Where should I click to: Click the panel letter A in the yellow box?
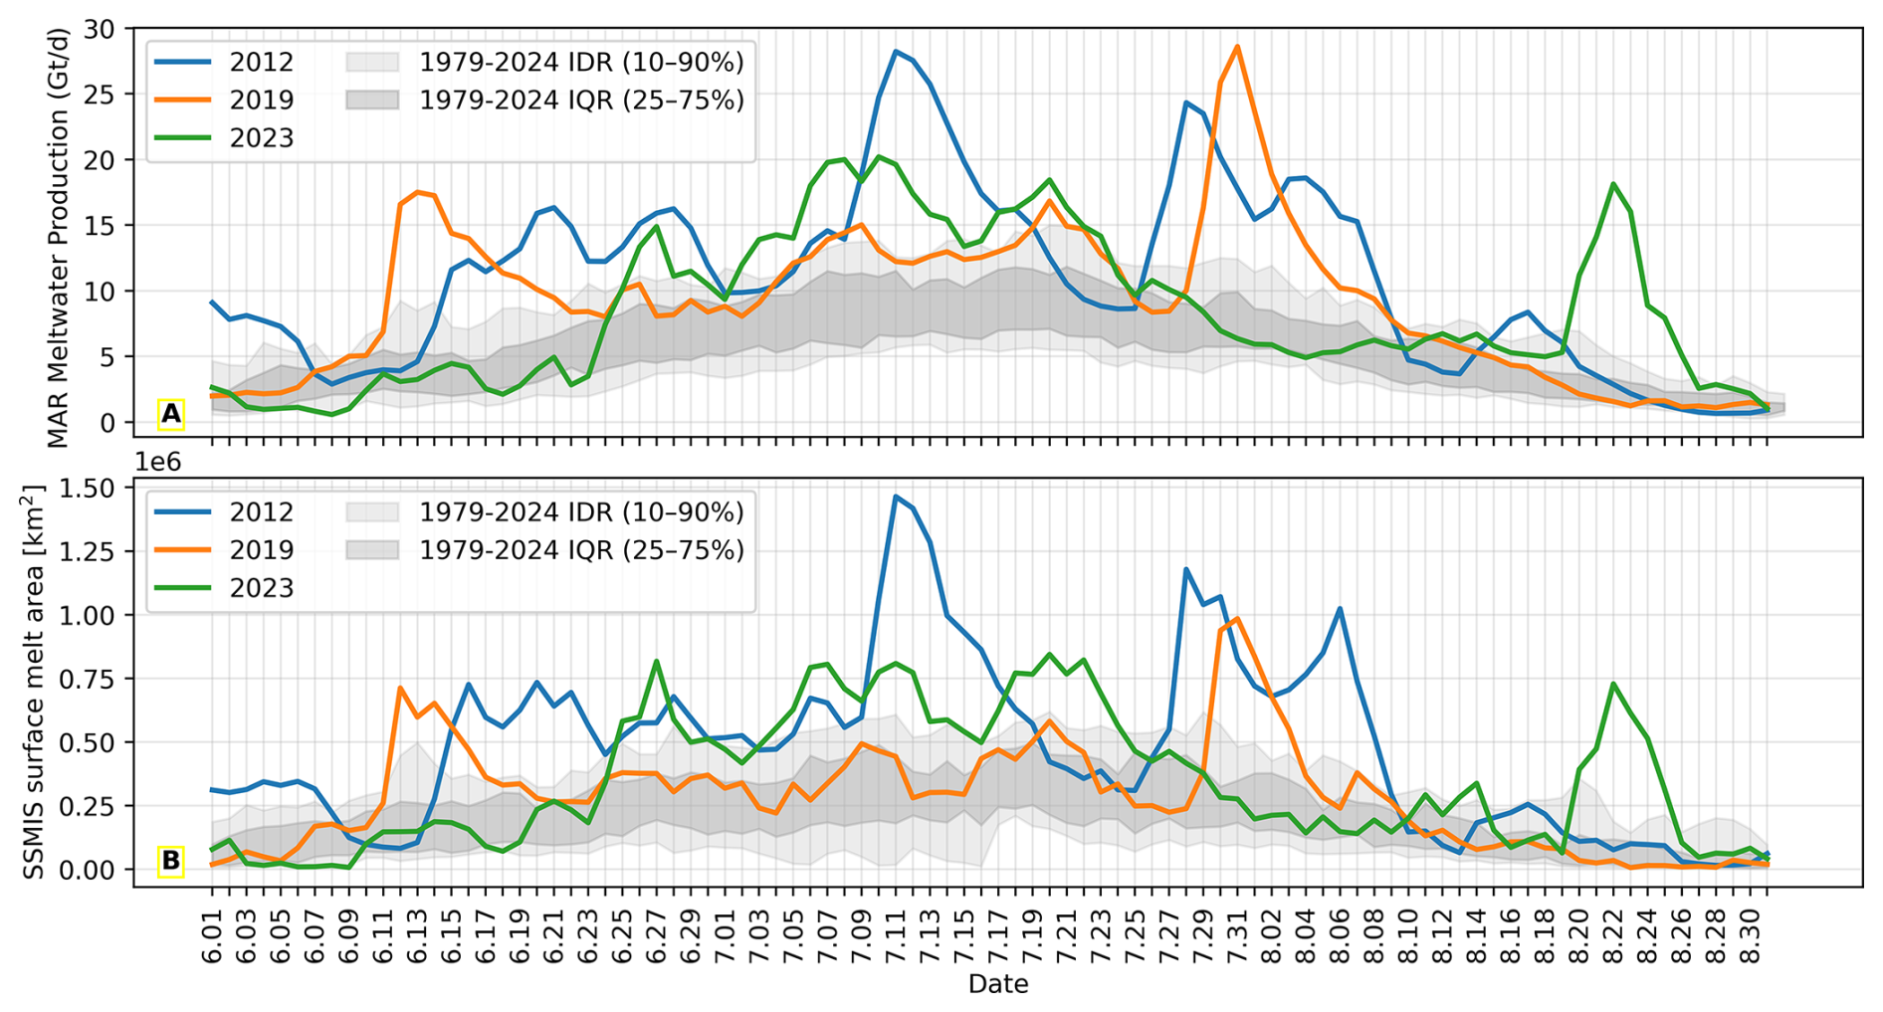point(171,414)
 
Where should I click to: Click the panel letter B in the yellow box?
point(171,861)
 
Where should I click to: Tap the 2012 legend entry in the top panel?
point(225,62)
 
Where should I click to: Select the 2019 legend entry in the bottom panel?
point(225,550)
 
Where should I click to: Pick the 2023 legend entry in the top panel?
point(225,137)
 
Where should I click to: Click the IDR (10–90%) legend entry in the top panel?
point(545,62)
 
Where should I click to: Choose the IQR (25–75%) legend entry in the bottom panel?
point(545,550)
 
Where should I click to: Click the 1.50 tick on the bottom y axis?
point(91,488)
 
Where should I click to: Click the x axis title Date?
point(998,985)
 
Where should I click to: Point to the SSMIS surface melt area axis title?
point(35,683)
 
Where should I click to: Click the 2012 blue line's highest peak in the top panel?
point(896,51)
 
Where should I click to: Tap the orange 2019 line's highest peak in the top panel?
point(1236,46)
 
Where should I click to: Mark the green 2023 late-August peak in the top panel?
point(1613,184)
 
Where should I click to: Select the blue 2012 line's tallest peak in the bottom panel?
point(896,496)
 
